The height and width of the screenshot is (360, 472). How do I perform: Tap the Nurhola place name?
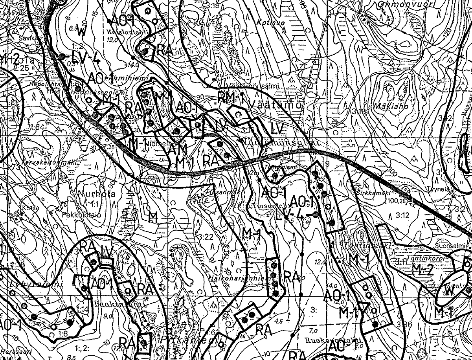point(92,194)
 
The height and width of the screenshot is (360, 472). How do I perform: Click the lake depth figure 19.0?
point(112,39)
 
